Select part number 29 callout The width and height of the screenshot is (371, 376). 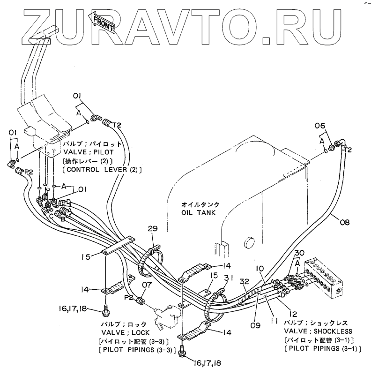153,229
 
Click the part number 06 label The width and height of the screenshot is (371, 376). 319,126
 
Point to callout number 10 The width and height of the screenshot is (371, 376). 260,269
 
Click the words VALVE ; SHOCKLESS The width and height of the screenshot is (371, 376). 319,331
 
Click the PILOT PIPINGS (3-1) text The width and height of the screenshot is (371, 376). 319,348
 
